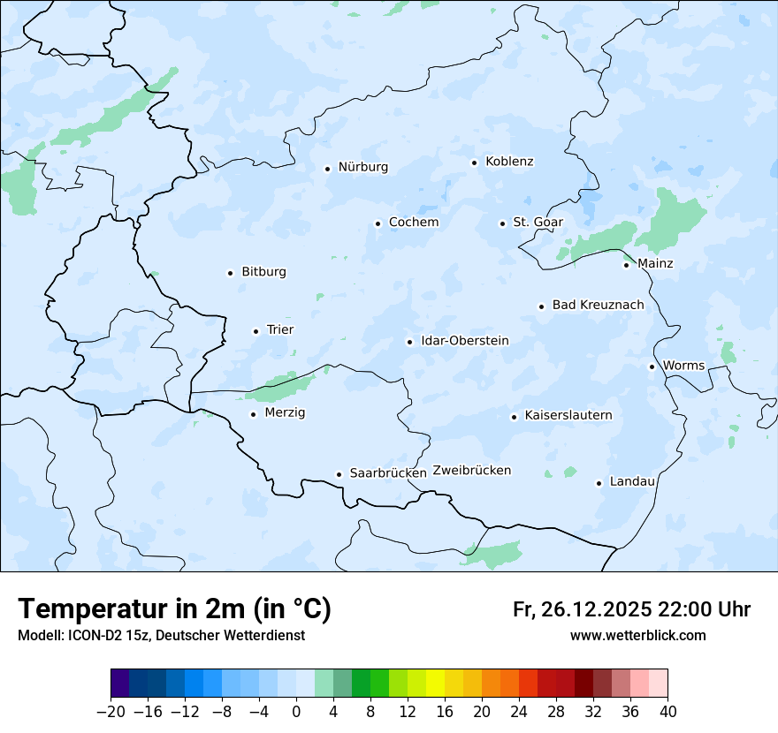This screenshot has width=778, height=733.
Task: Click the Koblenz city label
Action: (x=509, y=162)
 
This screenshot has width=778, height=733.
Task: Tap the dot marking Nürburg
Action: (x=327, y=168)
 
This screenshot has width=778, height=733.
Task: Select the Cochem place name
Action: (x=414, y=223)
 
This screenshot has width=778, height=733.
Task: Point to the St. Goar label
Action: (x=538, y=223)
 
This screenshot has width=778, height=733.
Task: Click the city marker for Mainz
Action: (x=626, y=264)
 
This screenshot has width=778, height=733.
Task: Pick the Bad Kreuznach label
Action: (x=598, y=306)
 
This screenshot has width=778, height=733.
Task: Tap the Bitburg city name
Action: (x=263, y=272)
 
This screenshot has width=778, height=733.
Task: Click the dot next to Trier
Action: (x=256, y=331)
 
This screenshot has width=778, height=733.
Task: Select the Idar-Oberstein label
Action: (x=464, y=341)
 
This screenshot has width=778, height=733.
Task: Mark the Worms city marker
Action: (x=652, y=366)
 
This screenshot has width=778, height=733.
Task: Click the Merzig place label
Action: (x=285, y=412)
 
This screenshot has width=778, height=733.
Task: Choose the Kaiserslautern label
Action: (x=568, y=415)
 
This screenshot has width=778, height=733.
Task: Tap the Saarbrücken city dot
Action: (x=339, y=474)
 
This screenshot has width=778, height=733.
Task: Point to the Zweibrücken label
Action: (x=472, y=471)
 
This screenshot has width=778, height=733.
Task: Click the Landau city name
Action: (x=632, y=481)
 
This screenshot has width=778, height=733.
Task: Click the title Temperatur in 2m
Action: (x=174, y=609)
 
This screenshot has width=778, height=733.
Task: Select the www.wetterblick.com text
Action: (x=637, y=636)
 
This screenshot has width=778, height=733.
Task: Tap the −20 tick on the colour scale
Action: (x=111, y=712)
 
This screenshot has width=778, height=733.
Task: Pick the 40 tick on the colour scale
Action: (x=667, y=712)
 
